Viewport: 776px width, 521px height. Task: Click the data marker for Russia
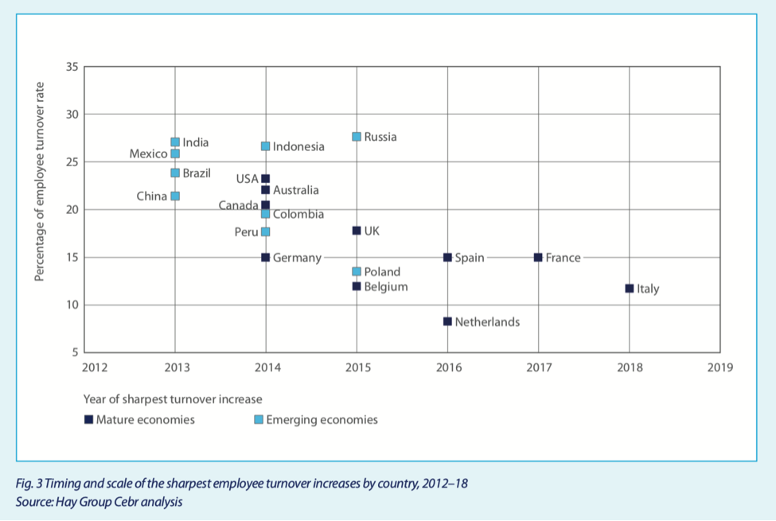[x=357, y=137]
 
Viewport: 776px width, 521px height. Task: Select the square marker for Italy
[x=630, y=289]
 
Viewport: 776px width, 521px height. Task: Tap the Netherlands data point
[x=447, y=321]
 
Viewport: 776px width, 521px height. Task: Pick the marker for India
[x=175, y=142]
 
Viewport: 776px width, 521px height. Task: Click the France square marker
[x=538, y=258]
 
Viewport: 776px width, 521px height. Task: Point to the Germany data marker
[x=266, y=258]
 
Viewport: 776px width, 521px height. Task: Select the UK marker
[x=357, y=231]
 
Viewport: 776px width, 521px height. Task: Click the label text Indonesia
[x=298, y=147]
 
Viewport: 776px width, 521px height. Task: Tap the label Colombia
[x=298, y=214]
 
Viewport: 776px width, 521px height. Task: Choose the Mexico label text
[x=148, y=154]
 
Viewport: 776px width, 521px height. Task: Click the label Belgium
[x=386, y=286]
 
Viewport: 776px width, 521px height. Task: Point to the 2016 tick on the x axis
[x=447, y=367]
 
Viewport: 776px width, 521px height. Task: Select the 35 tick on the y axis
[x=72, y=67]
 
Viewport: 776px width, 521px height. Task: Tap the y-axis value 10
[x=72, y=305]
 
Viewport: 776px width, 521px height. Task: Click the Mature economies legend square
[x=88, y=420]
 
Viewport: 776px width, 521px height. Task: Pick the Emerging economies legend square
[x=258, y=420]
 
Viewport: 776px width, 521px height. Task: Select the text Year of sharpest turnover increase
[x=172, y=399]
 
